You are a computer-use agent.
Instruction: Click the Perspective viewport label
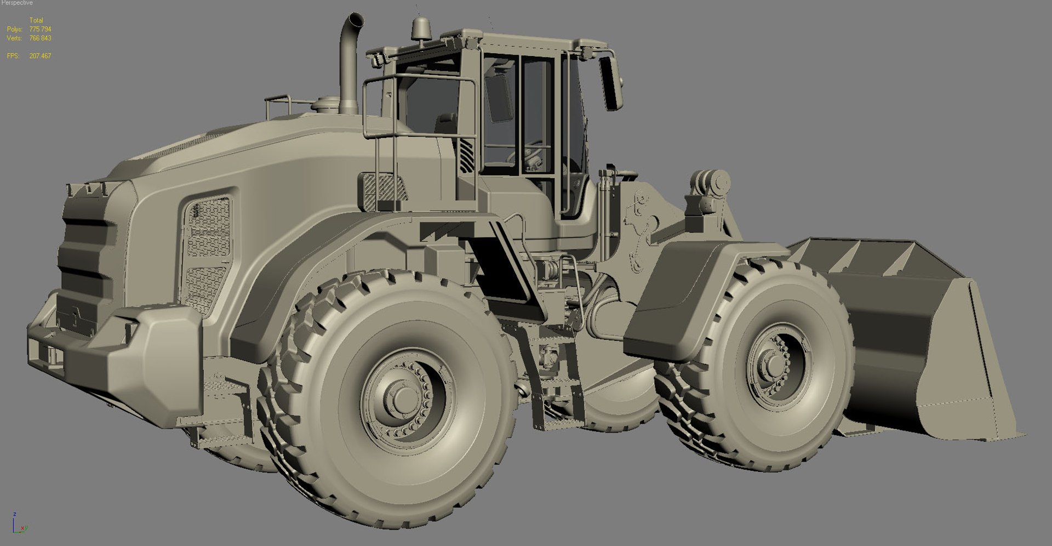pyautogui.click(x=17, y=3)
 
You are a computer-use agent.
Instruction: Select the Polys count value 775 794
pyautogui.click(x=40, y=29)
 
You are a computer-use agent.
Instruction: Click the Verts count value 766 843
pyautogui.click(x=40, y=38)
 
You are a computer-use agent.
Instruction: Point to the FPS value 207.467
pyautogui.click(x=40, y=56)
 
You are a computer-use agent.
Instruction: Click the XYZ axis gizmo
pyautogui.click(x=18, y=524)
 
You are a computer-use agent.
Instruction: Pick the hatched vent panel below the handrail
pyautogui.click(x=384, y=192)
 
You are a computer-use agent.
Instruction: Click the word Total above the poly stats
pyautogui.click(x=36, y=20)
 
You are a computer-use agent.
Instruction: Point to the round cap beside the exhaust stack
pyautogui.click(x=325, y=103)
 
